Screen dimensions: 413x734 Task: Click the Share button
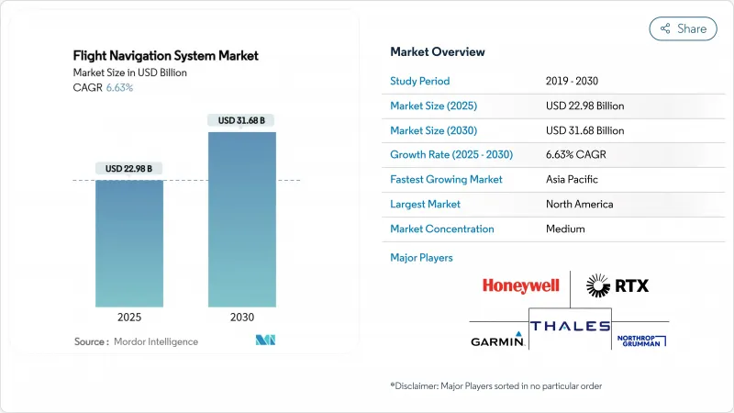pos(683,28)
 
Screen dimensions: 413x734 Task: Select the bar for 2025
pos(129,243)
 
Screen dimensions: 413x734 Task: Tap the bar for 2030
pos(242,219)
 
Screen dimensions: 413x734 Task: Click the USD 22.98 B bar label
pos(129,168)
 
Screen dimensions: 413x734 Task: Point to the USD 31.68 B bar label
pos(242,120)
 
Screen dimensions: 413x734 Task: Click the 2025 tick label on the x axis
pos(129,318)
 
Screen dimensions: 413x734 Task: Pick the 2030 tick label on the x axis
pos(242,318)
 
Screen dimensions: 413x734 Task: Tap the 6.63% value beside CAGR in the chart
pos(120,88)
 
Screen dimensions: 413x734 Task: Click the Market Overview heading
pos(438,52)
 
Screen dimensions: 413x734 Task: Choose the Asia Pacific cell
pos(573,179)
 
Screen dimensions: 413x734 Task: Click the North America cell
pos(580,204)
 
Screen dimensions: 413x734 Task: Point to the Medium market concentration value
pos(564,229)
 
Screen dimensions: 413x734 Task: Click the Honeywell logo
pos(520,286)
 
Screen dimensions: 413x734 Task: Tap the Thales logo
pos(569,326)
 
